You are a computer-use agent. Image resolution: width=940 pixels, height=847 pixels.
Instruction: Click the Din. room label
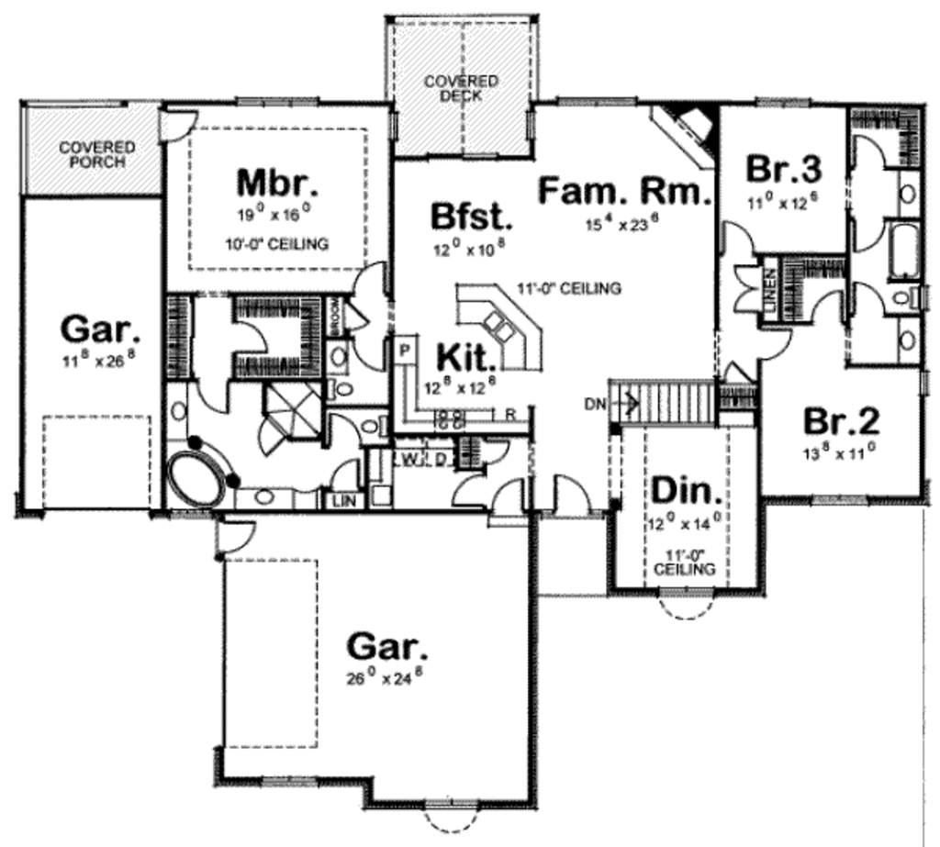(x=687, y=491)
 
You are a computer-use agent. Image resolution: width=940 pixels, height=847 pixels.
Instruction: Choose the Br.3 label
(x=783, y=169)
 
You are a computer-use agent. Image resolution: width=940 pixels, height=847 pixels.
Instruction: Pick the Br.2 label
(x=841, y=421)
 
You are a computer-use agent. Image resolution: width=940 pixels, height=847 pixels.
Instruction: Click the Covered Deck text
(x=461, y=88)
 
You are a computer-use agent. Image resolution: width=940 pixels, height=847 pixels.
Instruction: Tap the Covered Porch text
(x=97, y=154)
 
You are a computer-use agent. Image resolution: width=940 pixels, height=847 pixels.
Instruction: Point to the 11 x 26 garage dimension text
(x=98, y=357)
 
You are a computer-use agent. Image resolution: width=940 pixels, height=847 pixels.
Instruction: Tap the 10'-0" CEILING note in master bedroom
(x=277, y=244)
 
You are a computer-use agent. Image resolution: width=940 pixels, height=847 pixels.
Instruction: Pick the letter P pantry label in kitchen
(x=402, y=350)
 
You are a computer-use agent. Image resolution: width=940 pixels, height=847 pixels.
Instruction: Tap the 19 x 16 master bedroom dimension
(x=277, y=218)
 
